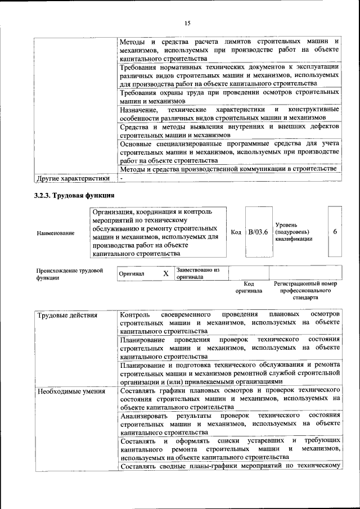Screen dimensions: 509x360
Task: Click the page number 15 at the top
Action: point(187,23)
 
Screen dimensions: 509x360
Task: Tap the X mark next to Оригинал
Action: point(165,273)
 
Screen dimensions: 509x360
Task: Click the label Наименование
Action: point(55,232)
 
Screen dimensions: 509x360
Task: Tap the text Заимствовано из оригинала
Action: point(197,273)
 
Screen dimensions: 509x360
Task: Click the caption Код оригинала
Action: point(249,287)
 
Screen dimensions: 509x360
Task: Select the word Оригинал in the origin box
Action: point(132,274)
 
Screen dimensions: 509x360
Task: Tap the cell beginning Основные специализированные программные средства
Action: point(229,152)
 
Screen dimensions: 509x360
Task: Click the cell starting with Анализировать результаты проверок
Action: point(229,424)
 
